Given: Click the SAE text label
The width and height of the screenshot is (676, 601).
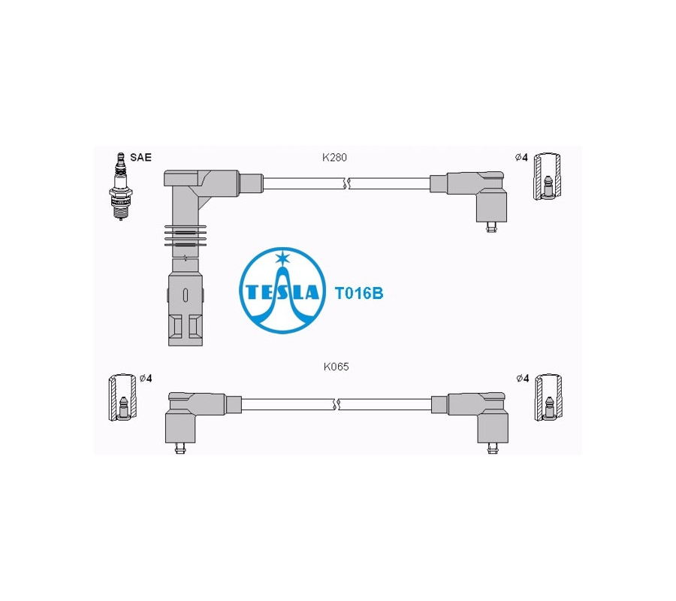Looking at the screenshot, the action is click(x=140, y=157).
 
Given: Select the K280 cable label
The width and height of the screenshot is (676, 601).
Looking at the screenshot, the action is click(x=334, y=157).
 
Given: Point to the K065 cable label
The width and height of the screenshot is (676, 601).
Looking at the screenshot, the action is click(x=336, y=367).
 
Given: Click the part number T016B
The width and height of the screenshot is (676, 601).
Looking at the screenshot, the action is click(x=359, y=294).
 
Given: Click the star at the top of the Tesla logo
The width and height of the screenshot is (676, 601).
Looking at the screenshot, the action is click(x=282, y=258).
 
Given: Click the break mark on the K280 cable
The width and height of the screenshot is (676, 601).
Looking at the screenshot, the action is click(x=346, y=183).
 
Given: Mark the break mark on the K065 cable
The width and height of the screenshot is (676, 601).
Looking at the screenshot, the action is click(x=336, y=404).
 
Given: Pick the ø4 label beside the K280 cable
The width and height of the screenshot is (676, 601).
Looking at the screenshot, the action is click(x=521, y=158).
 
